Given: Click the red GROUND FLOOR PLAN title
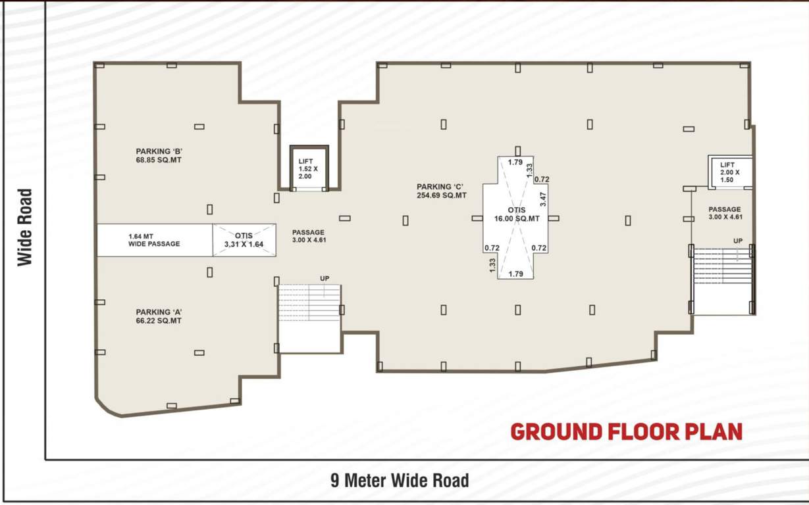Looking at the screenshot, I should click(x=626, y=432).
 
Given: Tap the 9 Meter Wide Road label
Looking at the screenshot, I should click(x=400, y=481).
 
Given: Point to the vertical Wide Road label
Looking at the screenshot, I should click(x=24, y=228).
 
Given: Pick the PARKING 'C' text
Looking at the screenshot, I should click(x=442, y=187).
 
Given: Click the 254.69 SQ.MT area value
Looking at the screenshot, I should click(x=442, y=196).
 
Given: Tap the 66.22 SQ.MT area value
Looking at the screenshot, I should click(x=159, y=321).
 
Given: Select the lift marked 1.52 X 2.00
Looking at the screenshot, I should click(x=309, y=168).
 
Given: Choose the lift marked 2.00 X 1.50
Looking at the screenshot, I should click(x=729, y=172).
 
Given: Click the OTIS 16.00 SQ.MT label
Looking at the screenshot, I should click(x=517, y=214).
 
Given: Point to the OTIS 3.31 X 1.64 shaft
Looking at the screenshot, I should click(x=244, y=240).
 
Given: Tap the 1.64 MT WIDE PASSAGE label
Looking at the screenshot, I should click(x=154, y=240).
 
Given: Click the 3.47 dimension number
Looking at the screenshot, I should click(x=542, y=196).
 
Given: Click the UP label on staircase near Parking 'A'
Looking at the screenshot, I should click(x=325, y=279).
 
